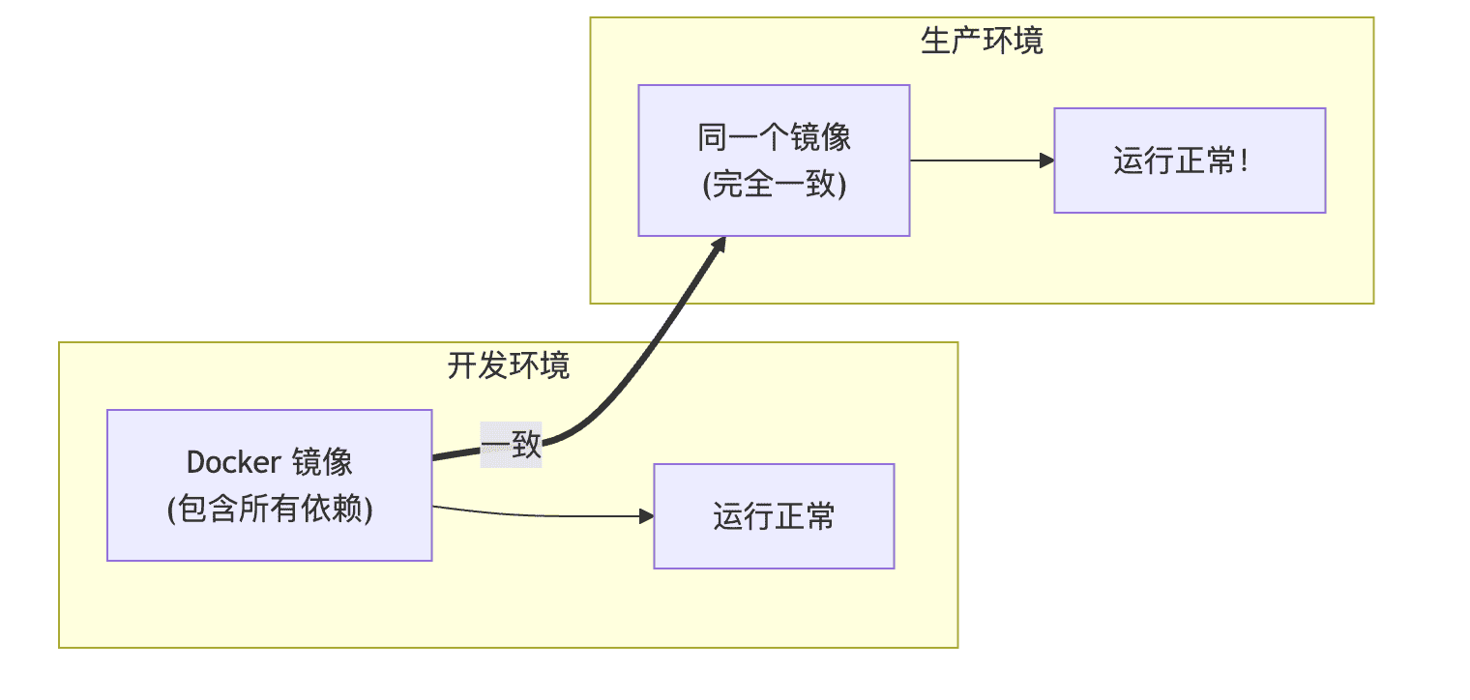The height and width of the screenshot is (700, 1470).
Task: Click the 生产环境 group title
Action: pos(982,42)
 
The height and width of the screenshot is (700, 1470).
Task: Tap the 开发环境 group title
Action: pos(508,365)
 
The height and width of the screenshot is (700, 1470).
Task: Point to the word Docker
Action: pos(232,462)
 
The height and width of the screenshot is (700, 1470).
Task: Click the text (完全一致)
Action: pos(774,184)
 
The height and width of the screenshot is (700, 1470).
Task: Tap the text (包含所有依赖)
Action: pos(270,509)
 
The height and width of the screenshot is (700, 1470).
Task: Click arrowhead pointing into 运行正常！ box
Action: pos(1046,160)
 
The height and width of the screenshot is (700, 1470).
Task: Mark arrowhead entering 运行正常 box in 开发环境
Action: pos(647,516)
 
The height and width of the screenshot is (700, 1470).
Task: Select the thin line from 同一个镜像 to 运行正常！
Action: pos(977,160)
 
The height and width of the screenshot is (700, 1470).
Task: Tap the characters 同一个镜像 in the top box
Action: pos(774,137)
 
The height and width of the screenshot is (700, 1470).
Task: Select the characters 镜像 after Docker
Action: pos(321,462)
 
